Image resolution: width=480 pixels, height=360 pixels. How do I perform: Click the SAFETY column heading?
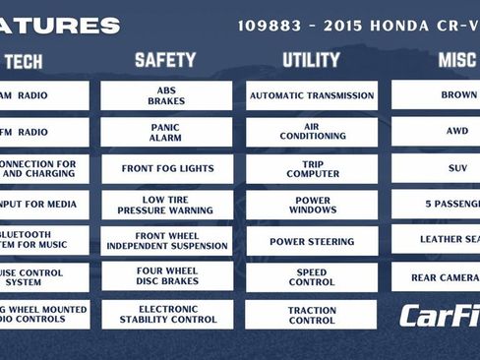(x=165, y=61)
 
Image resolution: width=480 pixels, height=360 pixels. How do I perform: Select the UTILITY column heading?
(x=311, y=61)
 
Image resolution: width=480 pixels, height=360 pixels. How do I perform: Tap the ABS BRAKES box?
(x=166, y=95)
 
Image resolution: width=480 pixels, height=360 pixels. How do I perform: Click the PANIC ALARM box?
(x=166, y=132)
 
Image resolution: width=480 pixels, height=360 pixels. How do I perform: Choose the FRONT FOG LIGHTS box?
(x=166, y=168)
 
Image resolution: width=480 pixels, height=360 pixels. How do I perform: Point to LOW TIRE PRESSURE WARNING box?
(x=166, y=205)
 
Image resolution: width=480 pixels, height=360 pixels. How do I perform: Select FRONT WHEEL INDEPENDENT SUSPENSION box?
(x=166, y=241)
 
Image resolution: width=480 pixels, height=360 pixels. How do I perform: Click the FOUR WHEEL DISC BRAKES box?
(x=166, y=277)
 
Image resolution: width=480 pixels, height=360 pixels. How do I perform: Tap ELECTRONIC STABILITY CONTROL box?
(x=166, y=314)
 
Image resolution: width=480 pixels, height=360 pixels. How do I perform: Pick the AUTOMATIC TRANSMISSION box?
(x=312, y=95)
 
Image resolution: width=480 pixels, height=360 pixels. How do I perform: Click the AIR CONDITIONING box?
(x=312, y=132)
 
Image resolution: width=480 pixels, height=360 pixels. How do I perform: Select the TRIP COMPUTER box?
(x=312, y=168)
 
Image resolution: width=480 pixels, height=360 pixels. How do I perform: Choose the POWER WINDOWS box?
(x=312, y=205)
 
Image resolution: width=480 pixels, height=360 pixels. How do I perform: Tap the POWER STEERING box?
(x=312, y=241)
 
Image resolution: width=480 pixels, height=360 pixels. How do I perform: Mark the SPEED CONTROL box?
(x=312, y=277)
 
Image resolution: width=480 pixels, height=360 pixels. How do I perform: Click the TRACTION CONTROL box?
(x=312, y=314)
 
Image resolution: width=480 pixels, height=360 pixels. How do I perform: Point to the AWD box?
(x=437, y=131)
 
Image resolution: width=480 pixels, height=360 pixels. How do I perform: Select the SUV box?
(x=437, y=167)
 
